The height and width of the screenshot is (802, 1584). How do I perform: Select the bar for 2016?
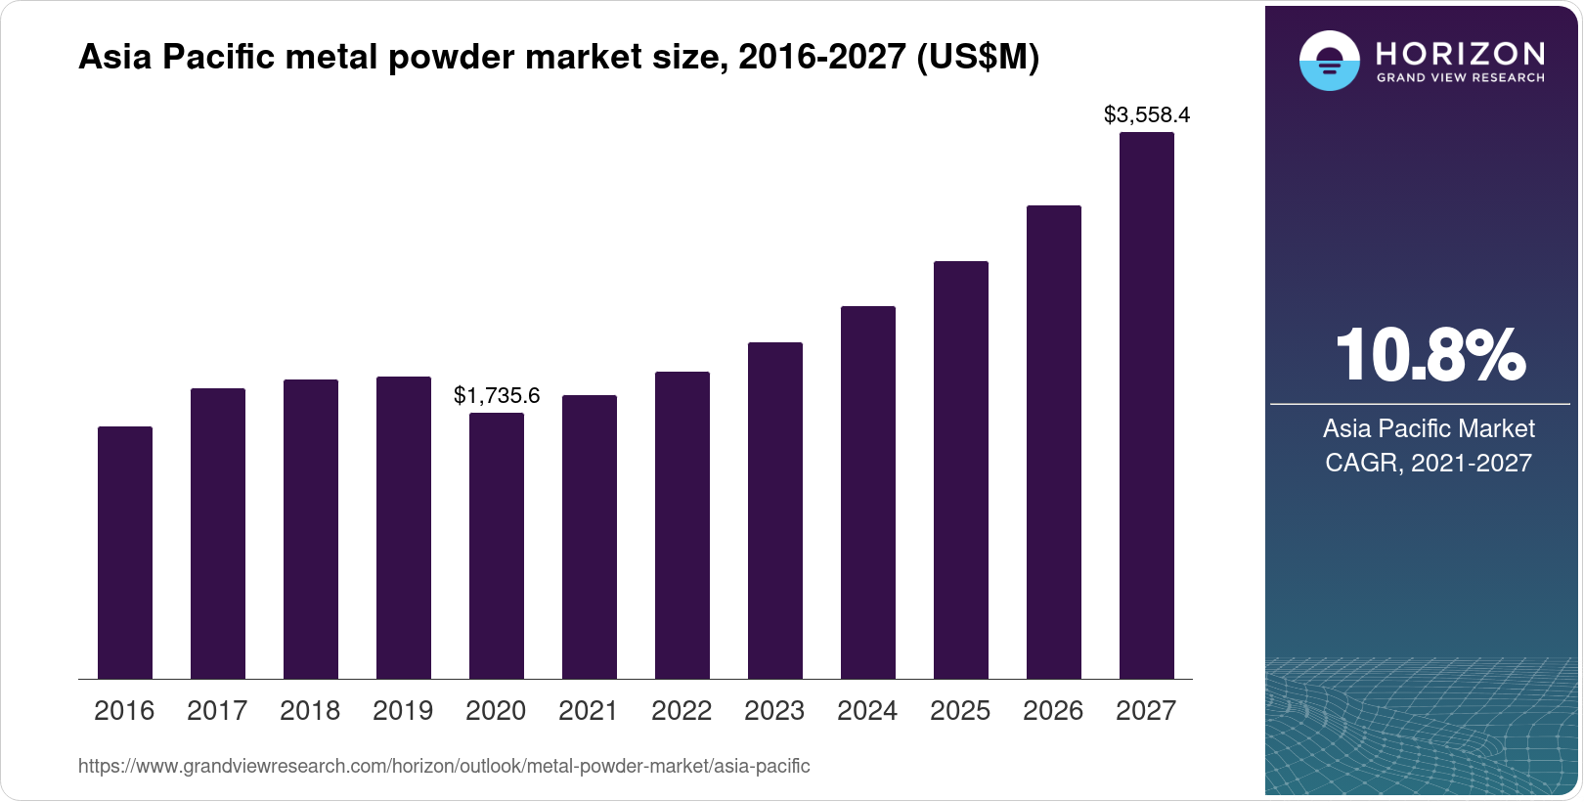[125, 553]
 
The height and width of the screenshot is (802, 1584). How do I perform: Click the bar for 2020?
[497, 546]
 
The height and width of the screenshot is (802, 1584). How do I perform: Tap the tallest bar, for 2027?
[1146, 406]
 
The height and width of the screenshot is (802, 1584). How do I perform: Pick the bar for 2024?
[868, 493]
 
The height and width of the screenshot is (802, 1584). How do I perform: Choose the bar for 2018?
[311, 529]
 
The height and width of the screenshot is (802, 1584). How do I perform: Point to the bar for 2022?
[682, 525]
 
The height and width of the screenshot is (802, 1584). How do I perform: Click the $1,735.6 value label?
[497, 396]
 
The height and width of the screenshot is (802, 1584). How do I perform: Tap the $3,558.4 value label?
[1146, 115]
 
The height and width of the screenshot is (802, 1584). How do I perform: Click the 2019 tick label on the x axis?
[403, 711]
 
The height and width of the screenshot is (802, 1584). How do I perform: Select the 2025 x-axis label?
[960, 711]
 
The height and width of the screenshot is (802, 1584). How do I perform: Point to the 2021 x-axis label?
[589, 711]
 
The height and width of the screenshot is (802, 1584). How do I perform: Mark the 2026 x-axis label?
[1053, 711]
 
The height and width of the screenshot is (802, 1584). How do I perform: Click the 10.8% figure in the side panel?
[1429, 355]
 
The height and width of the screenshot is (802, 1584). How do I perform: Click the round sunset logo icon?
[1329, 61]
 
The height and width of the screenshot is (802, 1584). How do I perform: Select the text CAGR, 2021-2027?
[1428, 463]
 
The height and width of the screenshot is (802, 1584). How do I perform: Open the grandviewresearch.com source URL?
[444, 766]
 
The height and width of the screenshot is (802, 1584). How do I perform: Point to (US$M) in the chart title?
[977, 58]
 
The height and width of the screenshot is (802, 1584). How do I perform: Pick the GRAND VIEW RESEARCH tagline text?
[1460, 77]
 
